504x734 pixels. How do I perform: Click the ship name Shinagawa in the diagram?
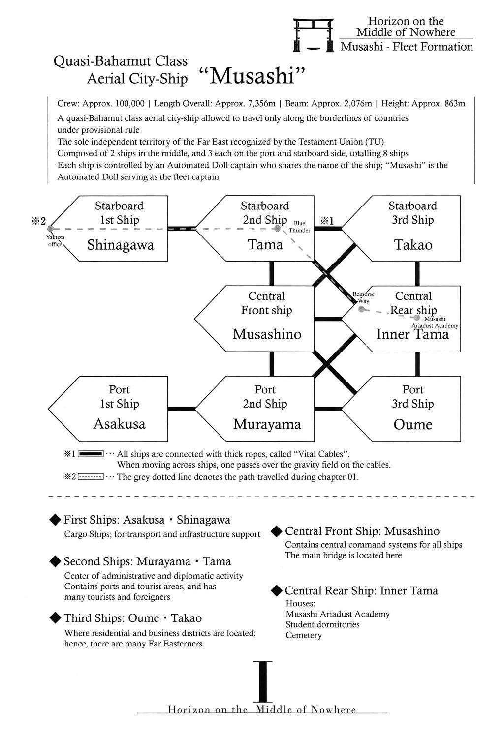point(121,245)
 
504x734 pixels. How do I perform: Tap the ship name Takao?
point(413,245)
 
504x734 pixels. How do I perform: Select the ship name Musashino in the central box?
point(266,334)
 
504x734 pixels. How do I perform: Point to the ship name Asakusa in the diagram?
point(120,424)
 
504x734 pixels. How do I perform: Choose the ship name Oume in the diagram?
point(413,424)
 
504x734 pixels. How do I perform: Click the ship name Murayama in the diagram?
point(266,424)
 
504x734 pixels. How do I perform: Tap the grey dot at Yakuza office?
point(50,229)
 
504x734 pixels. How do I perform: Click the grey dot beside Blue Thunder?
point(278,228)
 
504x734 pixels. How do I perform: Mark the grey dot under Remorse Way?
point(361,309)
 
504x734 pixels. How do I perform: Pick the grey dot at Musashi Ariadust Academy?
point(417,311)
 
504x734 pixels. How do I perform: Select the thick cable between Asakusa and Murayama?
point(182,408)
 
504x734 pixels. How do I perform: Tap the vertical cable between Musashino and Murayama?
point(271,364)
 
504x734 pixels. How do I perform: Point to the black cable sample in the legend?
point(90,453)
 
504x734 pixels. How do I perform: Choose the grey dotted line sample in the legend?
point(90,477)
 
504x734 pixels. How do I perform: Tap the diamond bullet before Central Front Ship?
point(277,531)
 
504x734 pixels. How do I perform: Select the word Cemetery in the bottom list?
point(304,635)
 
